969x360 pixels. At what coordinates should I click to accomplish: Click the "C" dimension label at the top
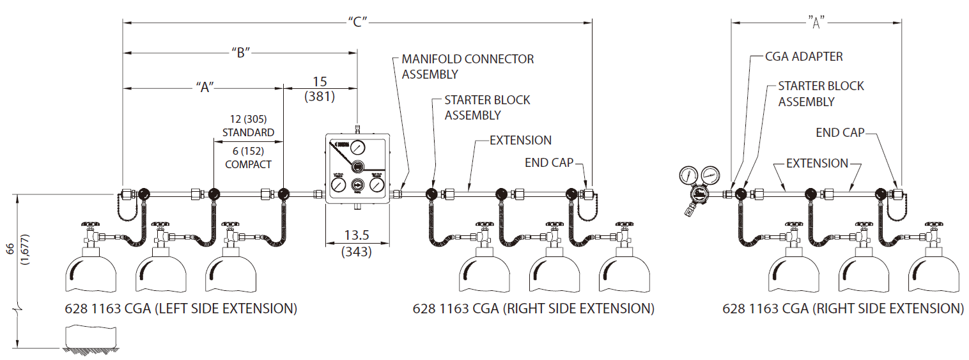[x=357, y=22]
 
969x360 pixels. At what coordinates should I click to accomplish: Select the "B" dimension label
[x=240, y=53]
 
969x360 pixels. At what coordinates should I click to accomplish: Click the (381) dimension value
[x=320, y=97]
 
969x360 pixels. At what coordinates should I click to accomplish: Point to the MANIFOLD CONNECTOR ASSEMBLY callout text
[x=467, y=67]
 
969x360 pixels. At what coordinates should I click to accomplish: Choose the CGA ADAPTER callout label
[x=803, y=56]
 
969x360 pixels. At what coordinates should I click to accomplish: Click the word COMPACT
[x=249, y=164]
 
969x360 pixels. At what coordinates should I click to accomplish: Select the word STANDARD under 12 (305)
[x=248, y=132]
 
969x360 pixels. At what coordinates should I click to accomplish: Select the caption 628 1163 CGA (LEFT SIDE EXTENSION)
[x=181, y=309]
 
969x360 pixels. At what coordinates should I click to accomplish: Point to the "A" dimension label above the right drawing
[x=816, y=22]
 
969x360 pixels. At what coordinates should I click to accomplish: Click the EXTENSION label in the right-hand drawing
[x=816, y=164]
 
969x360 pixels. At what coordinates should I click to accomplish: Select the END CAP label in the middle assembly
[x=550, y=161]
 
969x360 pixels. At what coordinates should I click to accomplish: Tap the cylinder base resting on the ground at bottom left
[x=89, y=336]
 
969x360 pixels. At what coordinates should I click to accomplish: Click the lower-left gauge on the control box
[x=337, y=185]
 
